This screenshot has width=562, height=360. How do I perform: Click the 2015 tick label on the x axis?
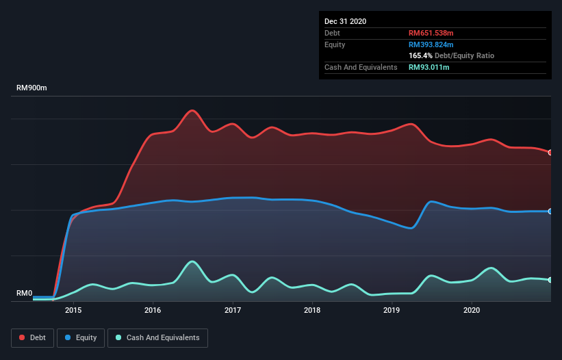tap(73, 310)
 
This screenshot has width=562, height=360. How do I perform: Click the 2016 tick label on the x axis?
tap(153, 310)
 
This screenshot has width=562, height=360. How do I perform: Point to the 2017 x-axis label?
tap(233, 310)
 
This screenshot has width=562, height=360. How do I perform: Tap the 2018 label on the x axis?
tap(312, 310)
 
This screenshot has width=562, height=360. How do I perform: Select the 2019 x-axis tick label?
tap(392, 310)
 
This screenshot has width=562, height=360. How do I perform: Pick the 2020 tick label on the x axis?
tap(472, 310)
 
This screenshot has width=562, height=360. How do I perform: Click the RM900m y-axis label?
tap(31, 88)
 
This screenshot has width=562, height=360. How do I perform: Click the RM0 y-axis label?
tap(24, 294)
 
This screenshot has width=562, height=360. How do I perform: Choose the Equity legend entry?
tap(81, 337)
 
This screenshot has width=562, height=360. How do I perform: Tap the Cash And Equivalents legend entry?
tap(157, 337)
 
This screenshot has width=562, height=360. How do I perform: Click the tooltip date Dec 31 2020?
tap(345, 21)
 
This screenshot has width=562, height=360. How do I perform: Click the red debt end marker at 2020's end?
tap(550, 152)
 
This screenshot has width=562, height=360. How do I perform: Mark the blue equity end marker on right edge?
tap(550, 211)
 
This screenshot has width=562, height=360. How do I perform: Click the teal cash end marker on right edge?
tap(550, 280)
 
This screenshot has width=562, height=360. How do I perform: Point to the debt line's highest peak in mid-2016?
tap(193, 110)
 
